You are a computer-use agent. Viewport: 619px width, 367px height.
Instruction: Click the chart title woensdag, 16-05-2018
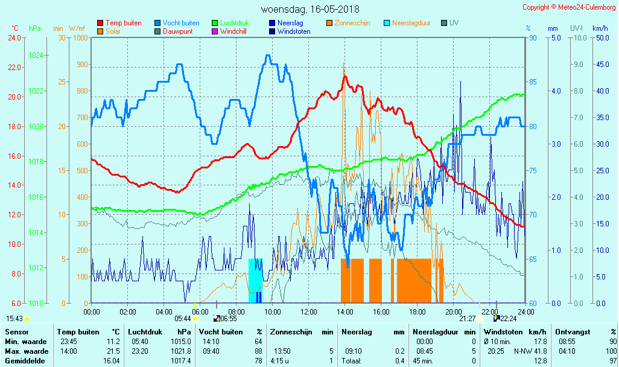pos(310,9)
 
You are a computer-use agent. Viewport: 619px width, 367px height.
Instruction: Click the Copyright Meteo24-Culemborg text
pos(569,7)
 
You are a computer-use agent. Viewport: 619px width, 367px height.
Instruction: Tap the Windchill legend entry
pos(233,31)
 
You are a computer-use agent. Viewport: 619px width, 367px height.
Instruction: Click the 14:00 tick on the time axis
pos(344,311)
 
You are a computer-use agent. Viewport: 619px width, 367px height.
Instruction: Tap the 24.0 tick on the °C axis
pos(14,38)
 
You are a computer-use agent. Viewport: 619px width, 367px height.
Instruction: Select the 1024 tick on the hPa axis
pos(36,56)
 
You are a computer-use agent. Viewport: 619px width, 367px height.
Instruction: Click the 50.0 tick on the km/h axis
pos(601,38)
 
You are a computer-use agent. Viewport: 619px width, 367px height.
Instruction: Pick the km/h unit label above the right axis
pos(600,28)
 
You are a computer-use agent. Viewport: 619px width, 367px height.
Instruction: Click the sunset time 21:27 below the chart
pos(467,319)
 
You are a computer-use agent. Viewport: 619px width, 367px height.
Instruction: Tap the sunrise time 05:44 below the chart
pos(183,319)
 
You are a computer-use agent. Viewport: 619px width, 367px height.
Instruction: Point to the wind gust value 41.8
pos(539,351)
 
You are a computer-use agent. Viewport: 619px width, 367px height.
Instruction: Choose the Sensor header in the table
pos(16,332)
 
